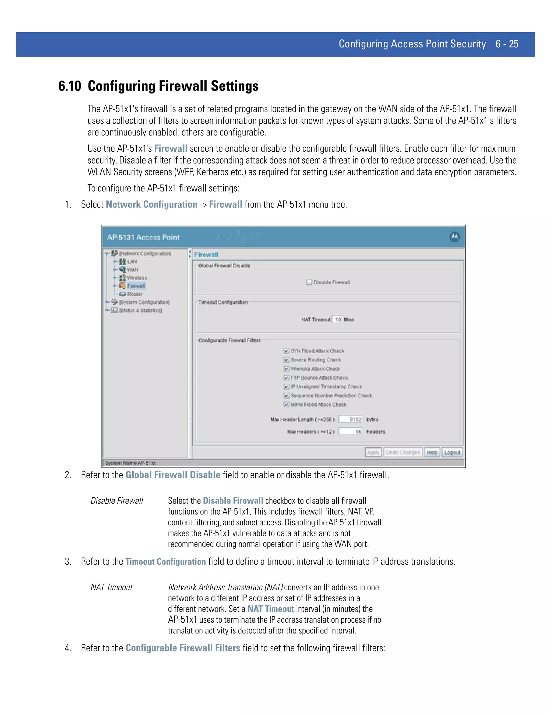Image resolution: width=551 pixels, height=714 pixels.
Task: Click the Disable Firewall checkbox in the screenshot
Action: (x=309, y=282)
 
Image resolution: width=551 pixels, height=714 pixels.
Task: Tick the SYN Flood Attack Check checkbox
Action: (x=286, y=351)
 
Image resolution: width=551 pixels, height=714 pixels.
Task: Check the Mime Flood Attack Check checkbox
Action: (x=286, y=404)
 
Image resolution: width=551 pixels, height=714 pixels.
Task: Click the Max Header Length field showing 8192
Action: (x=350, y=420)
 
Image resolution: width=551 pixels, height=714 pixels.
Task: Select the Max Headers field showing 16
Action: (x=350, y=432)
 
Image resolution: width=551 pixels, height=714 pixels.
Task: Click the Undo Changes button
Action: (x=402, y=452)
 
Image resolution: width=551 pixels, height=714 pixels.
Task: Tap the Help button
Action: (x=432, y=452)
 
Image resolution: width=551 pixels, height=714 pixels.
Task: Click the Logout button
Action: (x=452, y=452)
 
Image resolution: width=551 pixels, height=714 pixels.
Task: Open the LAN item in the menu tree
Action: (x=132, y=262)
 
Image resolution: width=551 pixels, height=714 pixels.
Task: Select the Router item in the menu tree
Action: (x=135, y=294)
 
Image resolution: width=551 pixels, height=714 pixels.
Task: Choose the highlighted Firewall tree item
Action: (x=136, y=286)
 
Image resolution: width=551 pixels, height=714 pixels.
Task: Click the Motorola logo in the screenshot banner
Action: (x=454, y=237)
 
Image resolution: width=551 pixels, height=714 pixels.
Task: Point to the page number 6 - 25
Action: (x=507, y=44)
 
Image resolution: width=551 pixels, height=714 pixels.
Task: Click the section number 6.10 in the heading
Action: (x=69, y=86)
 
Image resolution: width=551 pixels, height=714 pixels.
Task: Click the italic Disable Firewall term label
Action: (x=117, y=501)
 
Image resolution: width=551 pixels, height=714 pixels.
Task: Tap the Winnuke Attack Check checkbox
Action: (x=286, y=369)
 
